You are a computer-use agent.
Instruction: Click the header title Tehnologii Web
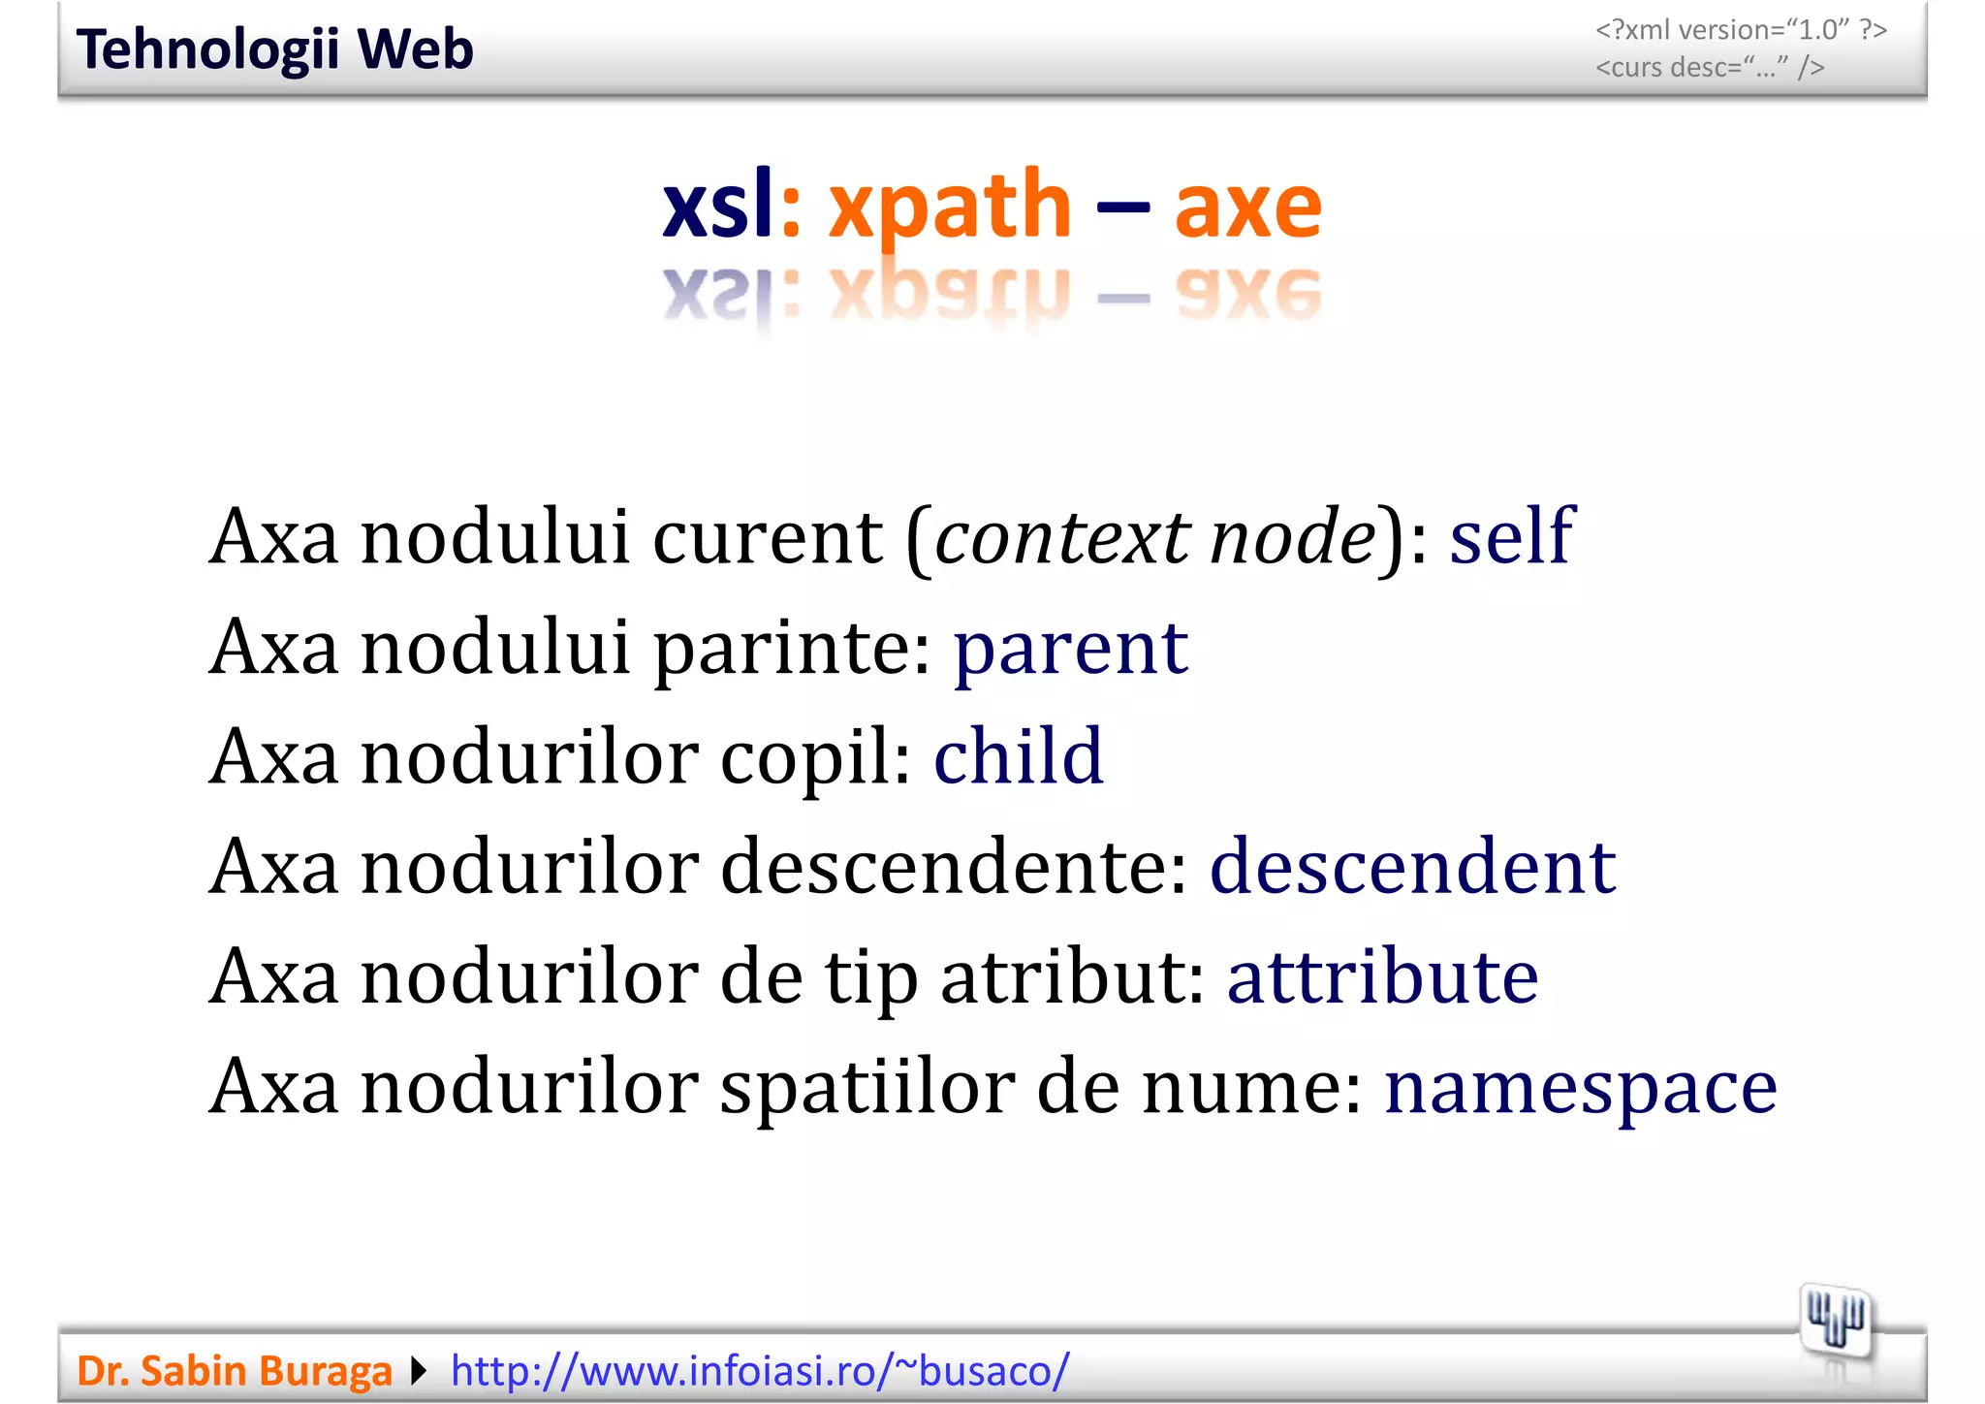coord(274,49)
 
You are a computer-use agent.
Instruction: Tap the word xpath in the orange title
coord(949,207)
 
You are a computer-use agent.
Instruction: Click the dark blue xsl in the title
coord(718,207)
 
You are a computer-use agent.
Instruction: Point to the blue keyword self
coord(1511,535)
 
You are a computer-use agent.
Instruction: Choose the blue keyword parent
coord(1071,647)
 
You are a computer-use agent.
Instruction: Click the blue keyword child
coord(1018,756)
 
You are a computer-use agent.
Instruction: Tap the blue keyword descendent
coord(1412,866)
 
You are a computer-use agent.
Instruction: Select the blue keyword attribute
coord(1382,975)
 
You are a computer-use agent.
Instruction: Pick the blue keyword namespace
coord(1581,1086)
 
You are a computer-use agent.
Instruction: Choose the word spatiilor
coord(866,1086)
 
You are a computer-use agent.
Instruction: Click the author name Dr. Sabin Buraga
coord(235,1371)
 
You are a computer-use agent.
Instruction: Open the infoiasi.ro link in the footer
coord(760,1371)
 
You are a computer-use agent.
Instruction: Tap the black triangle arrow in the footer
coord(419,1371)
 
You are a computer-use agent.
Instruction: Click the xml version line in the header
coord(1741,30)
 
